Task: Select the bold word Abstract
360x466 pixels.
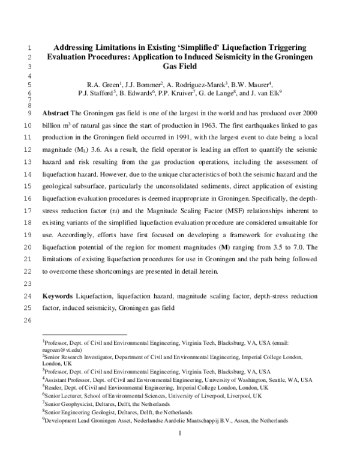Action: [x=56, y=113]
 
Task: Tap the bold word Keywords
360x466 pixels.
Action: [x=58, y=297]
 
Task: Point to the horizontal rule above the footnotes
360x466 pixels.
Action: [x=85, y=334]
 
